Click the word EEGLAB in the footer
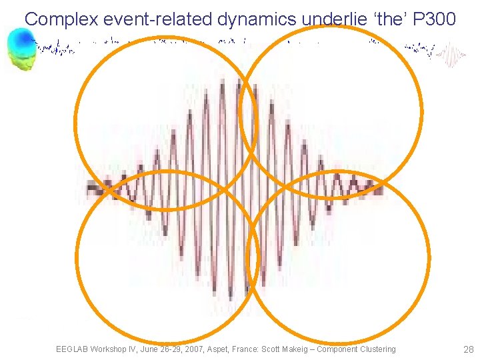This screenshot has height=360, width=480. click(72, 349)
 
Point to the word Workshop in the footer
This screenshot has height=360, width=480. click(111, 349)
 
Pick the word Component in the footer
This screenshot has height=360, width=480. click(347, 349)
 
